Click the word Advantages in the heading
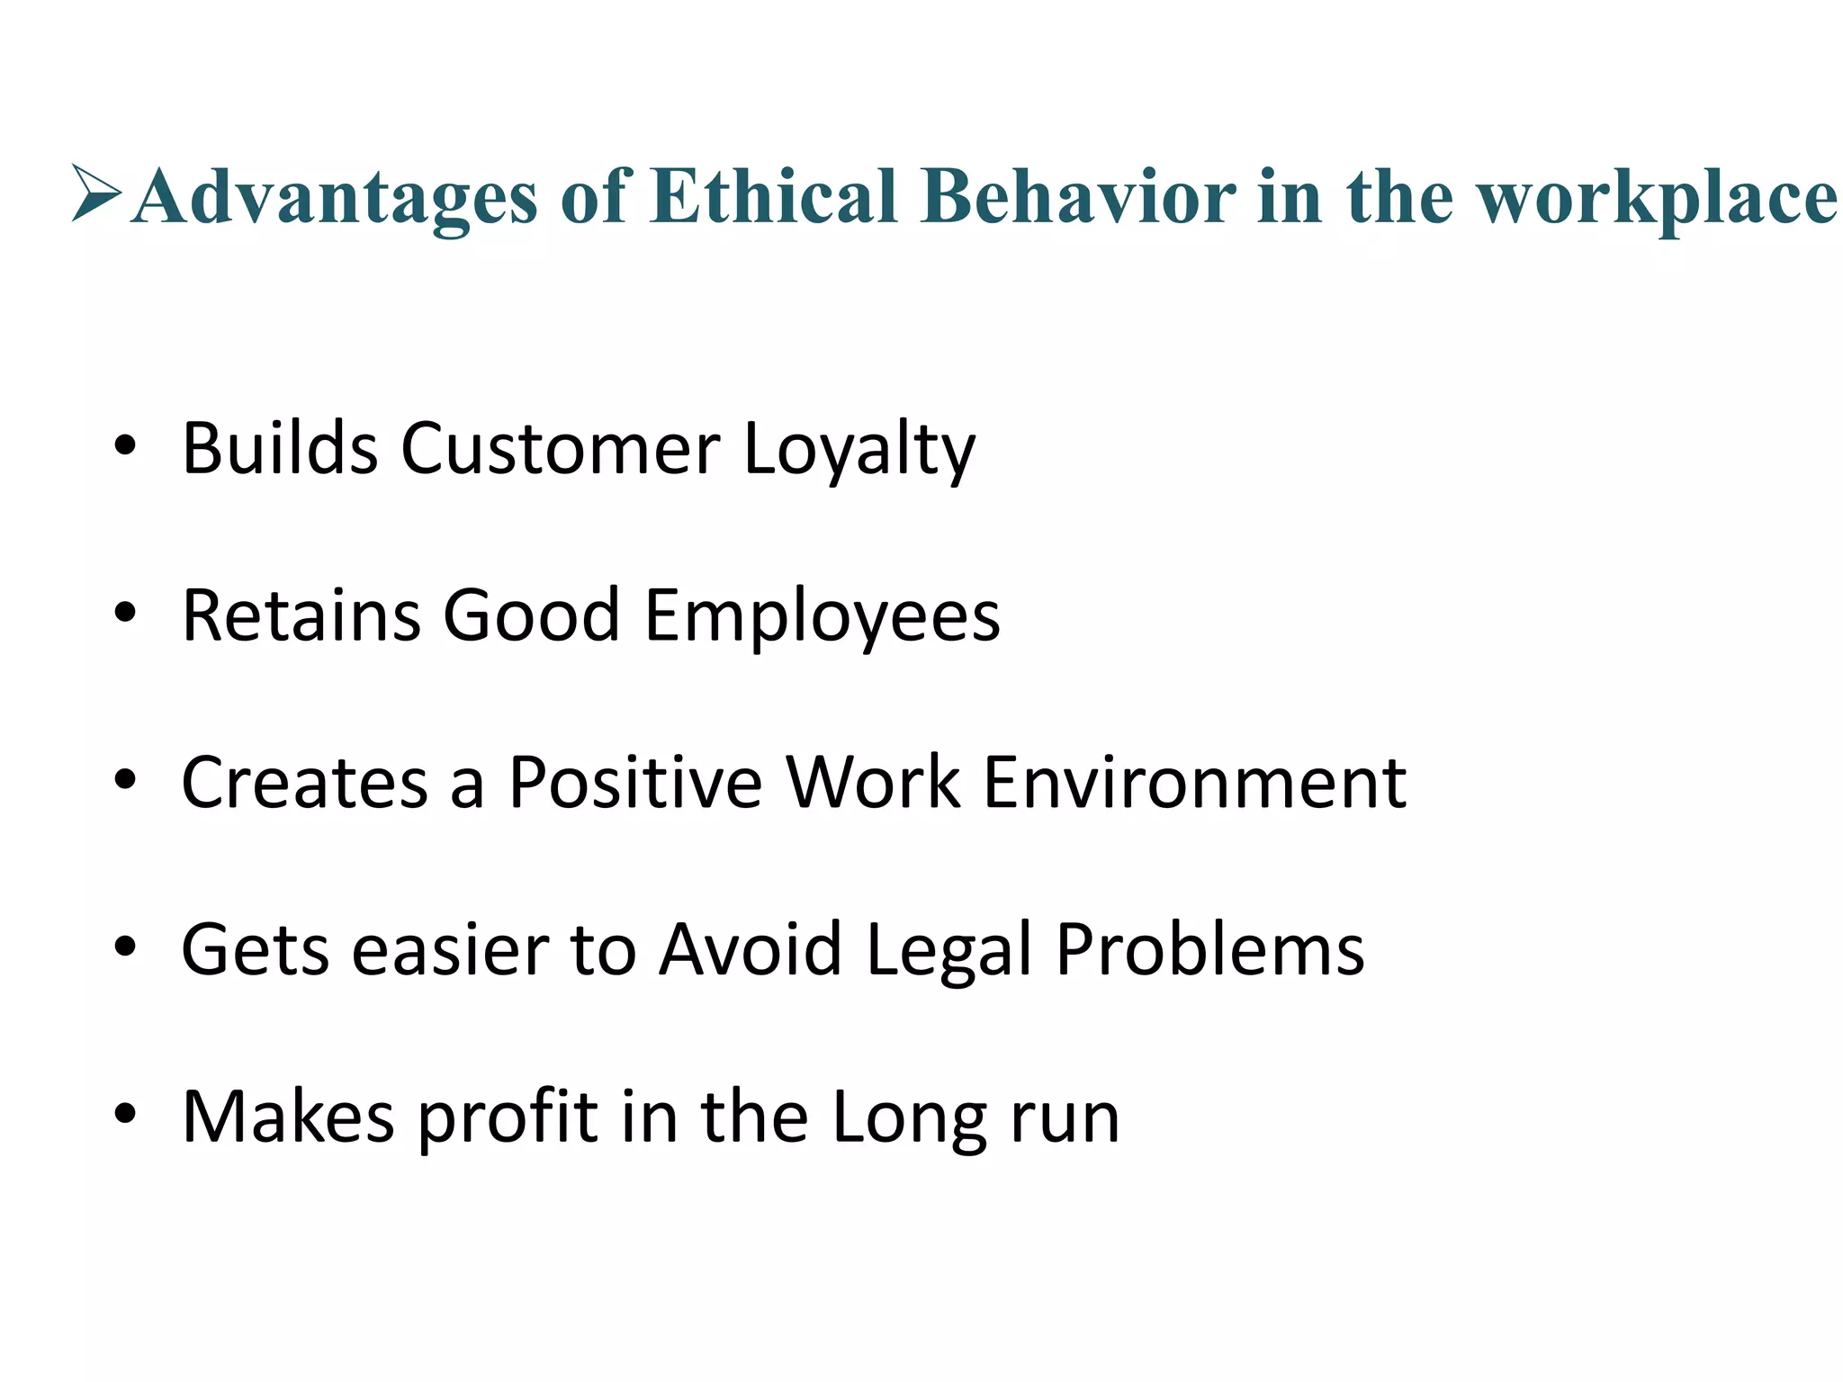[334, 198]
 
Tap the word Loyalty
[859, 450]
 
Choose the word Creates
[305, 782]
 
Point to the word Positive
[635, 782]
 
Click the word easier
[450, 949]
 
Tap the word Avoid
[751, 949]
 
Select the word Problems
[1209, 949]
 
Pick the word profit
[508, 1117]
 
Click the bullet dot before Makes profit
[125, 1113]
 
